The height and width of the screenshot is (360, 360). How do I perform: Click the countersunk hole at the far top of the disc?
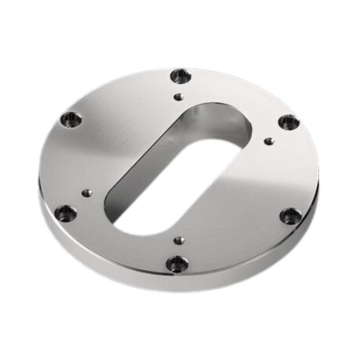[x=180, y=74]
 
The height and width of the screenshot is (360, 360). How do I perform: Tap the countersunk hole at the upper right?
[x=287, y=122]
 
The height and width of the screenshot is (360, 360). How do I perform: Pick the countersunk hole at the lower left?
[x=63, y=212]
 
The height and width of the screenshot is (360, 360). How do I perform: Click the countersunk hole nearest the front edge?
[x=177, y=263]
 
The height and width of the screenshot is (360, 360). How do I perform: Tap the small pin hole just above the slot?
[x=179, y=96]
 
